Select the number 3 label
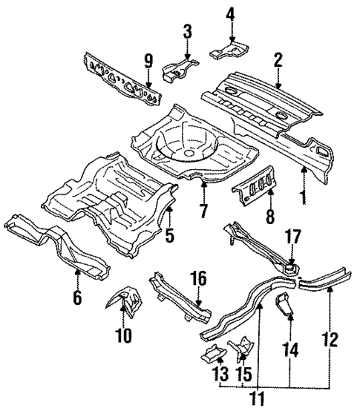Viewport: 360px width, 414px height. point(187,30)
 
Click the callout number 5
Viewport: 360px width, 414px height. point(170,237)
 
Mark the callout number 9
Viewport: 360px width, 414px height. point(148,62)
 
